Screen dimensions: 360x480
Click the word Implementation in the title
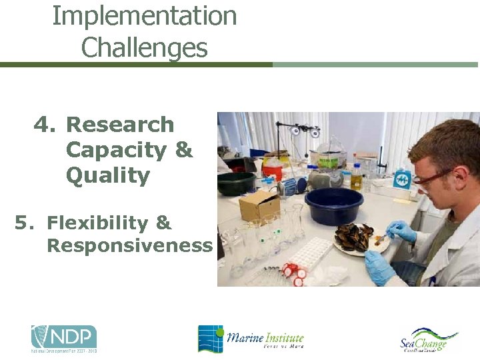145,16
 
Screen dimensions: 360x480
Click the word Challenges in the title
145,48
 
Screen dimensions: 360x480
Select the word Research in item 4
120,125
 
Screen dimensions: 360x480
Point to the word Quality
107,176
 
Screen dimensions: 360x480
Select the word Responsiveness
129,245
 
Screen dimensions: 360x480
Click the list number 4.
45,125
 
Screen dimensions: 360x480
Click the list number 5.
24,223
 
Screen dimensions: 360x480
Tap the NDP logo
64,338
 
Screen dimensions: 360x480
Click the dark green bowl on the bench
237,183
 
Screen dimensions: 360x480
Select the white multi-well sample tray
307,254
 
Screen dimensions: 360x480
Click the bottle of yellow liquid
357,177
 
